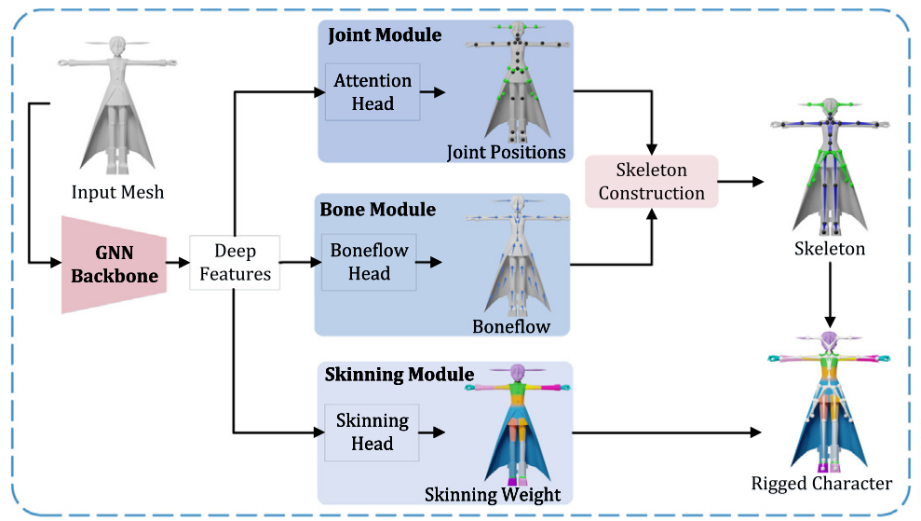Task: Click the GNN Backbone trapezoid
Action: [x=114, y=263]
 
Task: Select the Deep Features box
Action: [x=235, y=263]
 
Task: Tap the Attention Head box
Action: [x=372, y=91]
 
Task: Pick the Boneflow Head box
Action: [x=369, y=263]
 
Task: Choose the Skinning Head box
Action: [x=372, y=432]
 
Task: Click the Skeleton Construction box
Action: [x=651, y=182]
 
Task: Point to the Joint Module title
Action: [x=385, y=36]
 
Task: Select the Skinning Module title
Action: [x=399, y=375]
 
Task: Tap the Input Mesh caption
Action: [x=117, y=193]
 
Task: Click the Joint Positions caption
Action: [x=506, y=151]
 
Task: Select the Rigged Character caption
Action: [x=821, y=483]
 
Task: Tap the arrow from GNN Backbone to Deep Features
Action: [x=177, y=263]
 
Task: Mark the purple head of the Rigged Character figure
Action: [x=829, y=341]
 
